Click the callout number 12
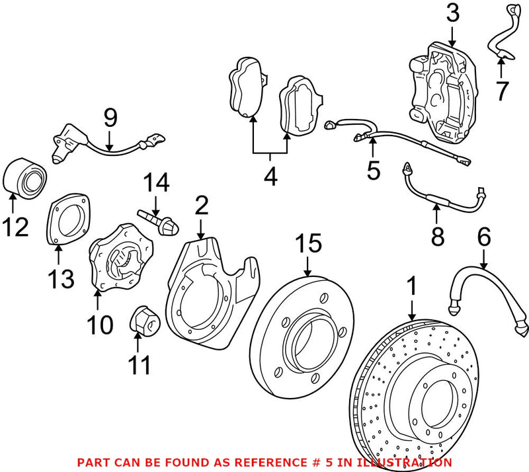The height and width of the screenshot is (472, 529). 15,227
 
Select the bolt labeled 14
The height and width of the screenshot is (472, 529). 159,217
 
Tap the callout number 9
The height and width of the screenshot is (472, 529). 110,118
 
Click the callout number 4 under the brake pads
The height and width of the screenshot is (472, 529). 270,177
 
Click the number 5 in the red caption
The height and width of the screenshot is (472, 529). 329,463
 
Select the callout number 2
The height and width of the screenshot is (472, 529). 201,206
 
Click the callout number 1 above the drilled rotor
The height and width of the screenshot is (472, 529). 412,288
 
